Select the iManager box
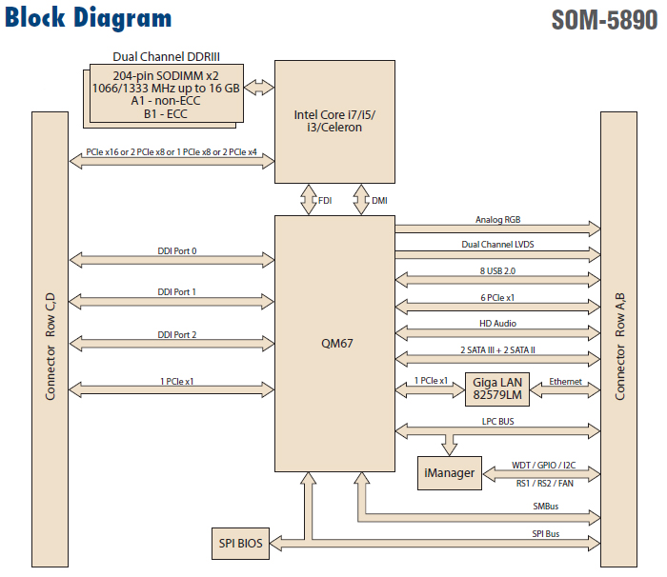click(x=449, y=473)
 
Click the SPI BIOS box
click(x=238, y=543)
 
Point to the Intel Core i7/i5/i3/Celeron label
click(x=333, y=122)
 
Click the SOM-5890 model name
click(x=604, y=21)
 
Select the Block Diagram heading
click(x=89, y=18)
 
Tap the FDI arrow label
click(x=325, y=201)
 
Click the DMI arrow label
click(x=379, y=201)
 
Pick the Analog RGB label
click(x=498, y=220)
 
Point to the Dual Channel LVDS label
click(x=497, y=245)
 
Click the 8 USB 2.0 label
click(x=497, y=271)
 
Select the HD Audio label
click(x=497, y=324)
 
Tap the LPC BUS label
click(x=497, y=419)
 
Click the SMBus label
click(x=545, y=507)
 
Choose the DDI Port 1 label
click(x=177, y=292)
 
